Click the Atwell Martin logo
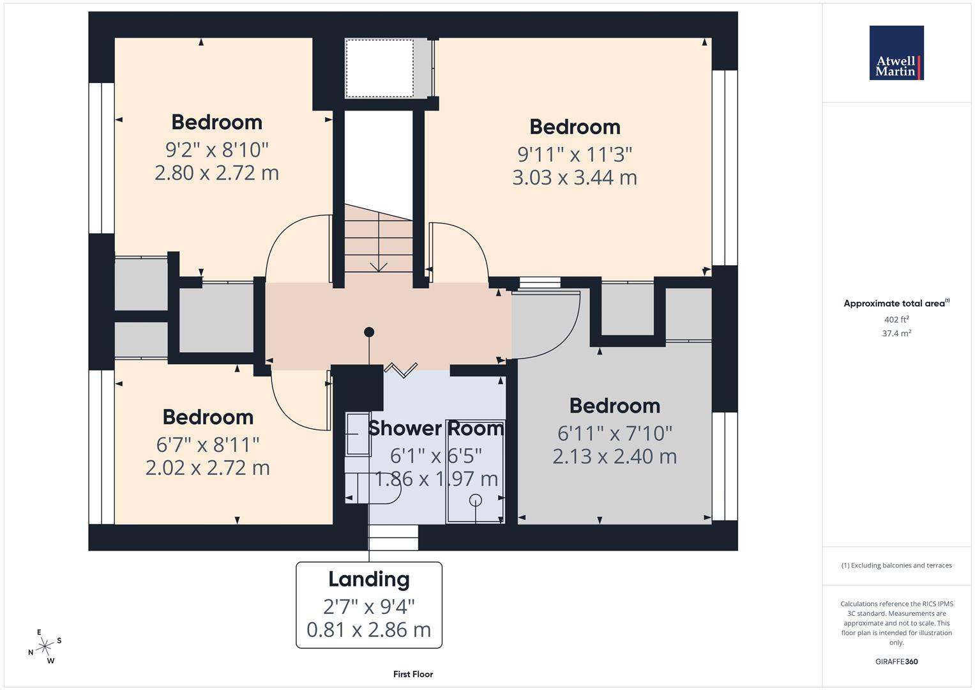tap(896, 53)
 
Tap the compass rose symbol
tap(45, 647)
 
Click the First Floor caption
tap(412, 674)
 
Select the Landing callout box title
tap(368, 579)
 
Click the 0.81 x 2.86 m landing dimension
tap(368, 630)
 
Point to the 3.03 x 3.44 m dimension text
tap(574, 178)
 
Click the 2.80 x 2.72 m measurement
tap(216, 173)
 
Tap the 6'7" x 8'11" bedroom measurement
tap(208, 444)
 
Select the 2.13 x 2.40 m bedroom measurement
tap(614, 457)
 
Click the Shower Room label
tap(435, 428)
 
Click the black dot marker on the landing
tap(369, 332)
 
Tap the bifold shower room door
tap(401, 370)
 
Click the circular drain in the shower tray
tap(476, 500)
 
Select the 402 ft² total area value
tap(896, 319)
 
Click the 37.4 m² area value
tap(896, 333)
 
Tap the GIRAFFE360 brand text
tap(896, 661)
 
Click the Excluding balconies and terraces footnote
tap(896, 565)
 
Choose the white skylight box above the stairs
tap(379, 68)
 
